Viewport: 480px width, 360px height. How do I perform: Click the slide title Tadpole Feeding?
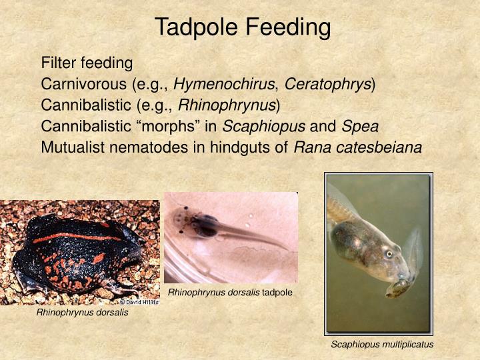coord(243,27)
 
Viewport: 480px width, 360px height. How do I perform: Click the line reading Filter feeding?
coord(87,63)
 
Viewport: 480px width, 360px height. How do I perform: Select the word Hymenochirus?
coord(226,85)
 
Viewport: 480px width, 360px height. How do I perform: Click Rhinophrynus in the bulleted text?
coord(227,105)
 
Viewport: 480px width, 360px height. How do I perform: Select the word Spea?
coord(360,127)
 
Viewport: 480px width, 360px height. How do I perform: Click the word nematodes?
coord(143,148)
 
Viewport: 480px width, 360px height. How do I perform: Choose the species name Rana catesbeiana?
coord(358,148)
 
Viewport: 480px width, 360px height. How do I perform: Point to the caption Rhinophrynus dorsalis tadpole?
coord(230,293)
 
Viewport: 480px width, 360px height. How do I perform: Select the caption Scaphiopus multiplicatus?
coord(382,345)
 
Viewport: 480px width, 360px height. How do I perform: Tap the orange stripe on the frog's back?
coord(73,237)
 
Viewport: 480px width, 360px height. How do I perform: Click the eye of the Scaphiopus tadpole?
coord(389,254)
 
